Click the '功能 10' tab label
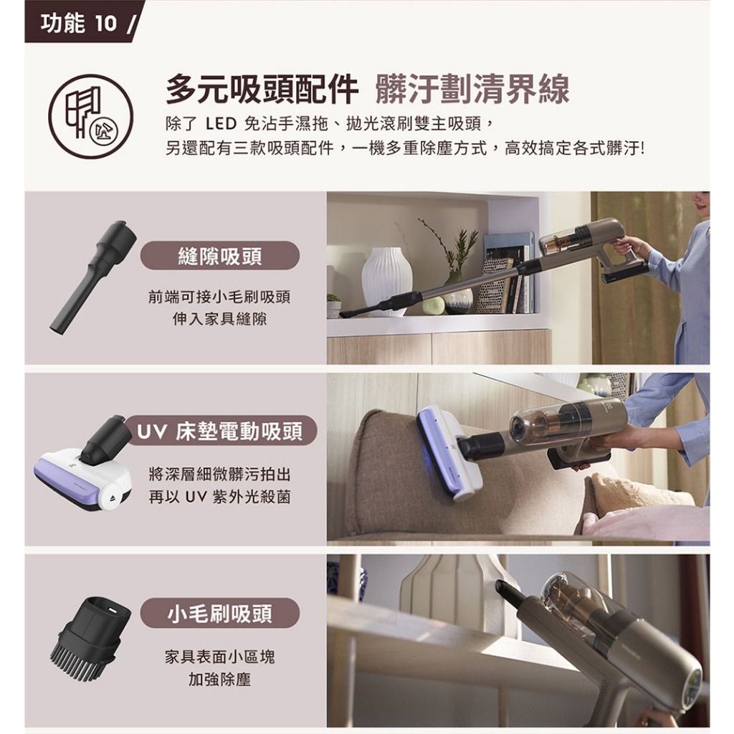coord(79,22)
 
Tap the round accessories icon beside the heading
coord(91,117)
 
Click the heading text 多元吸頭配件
coord(262,89)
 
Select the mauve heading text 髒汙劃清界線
coord(472,89)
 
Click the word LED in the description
coord(221,125)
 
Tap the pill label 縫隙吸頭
coord(220,256)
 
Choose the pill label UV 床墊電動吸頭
coord(220,431)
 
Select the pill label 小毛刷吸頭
coord(220,614)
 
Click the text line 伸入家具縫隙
coord(219,319)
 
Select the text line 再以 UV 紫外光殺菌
coord(219,496)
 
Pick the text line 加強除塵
coord(219,679)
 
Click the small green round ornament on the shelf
coord(434,305)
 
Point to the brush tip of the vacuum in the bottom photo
coord(505,587)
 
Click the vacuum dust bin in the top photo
coord(559,242)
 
